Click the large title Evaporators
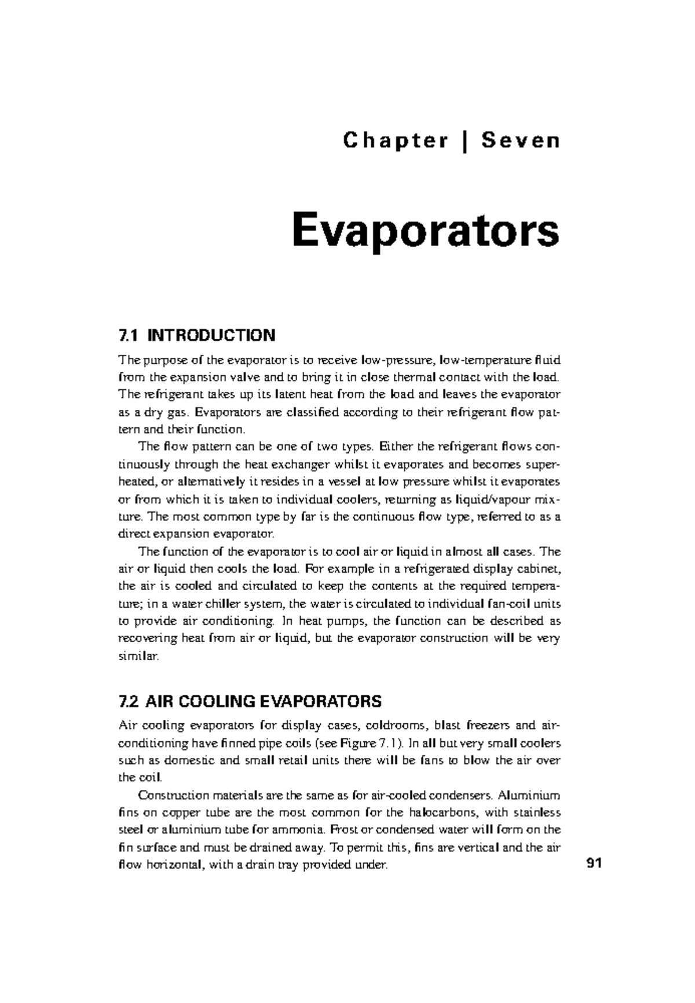coord(426,230)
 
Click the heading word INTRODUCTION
coord(211,335)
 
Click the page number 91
coord(594,864)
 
